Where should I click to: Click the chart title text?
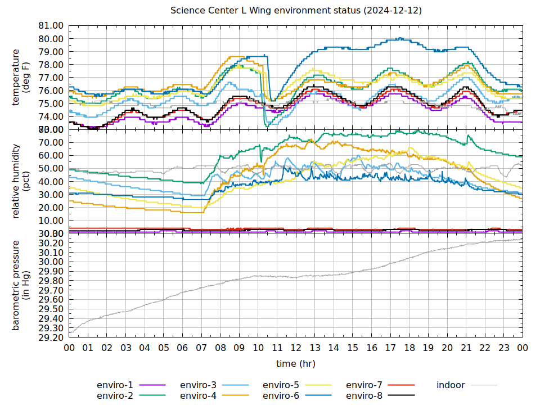pyautogui.click(x=296, y=11)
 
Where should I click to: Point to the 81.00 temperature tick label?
pyautogui.click(x=50, y=26)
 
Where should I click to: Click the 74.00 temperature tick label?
pyautogui.click(x=50, y=116)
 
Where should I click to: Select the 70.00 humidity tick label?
pyautogui.click(x=50, y=142)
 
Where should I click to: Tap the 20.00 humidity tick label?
pyautogui.click(x=50, y=208)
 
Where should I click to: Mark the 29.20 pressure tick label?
pyautogui.click(x=50, y=337)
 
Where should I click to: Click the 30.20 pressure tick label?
pyautogui.click(x=50, y=243)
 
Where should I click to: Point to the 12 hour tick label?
pyautogui.click(x=296, y=348)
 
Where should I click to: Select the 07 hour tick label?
pyautogui.click(x=201, y=348)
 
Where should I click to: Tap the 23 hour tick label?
pyautogui.click(x=503, y=348)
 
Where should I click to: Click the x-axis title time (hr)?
pyautogui.click(x=296, y=364)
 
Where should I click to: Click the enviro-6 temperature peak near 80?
pyautogui.click(x=399, y=38)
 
